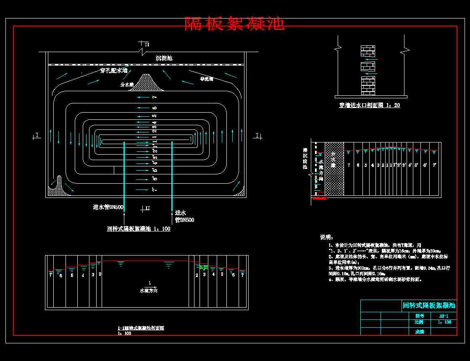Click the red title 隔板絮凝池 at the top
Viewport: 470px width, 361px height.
click(234, 24)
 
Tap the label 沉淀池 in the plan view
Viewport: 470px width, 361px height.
click(164, 58)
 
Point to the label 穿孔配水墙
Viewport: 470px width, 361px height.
click(113, 71)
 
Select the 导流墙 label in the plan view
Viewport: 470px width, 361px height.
click(206, 79)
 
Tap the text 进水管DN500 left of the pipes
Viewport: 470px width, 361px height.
click(108, 207)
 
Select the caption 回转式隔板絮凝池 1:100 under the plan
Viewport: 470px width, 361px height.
click(139, 229)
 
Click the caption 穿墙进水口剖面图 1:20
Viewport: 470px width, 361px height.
click(370, 105)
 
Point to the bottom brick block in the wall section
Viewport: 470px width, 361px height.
click(368, 85)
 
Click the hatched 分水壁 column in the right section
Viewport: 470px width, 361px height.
click(334, 168)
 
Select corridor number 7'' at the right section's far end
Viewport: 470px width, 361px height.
click(435, 165)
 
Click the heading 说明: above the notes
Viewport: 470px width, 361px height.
click(327, 237)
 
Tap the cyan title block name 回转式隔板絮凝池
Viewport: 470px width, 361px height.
click(428, 306)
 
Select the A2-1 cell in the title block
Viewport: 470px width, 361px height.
click(444, 316)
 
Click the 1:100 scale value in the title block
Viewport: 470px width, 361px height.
click(444, 322)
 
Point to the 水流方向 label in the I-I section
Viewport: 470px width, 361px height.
click(150, 290)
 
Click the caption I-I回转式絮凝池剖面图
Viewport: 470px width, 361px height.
click(141, 328)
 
